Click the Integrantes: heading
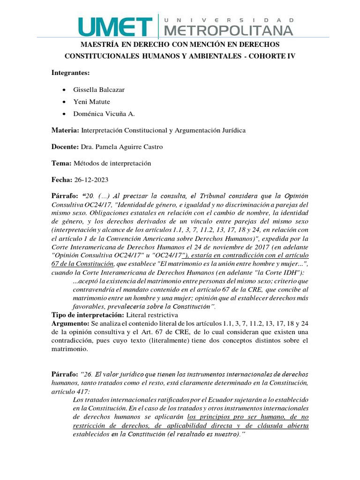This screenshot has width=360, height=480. tap(70, 73)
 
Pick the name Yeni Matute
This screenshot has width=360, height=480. tap(92, 101)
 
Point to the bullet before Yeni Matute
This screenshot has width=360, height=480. tap(64, 102)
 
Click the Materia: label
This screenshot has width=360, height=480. tap(66, 130)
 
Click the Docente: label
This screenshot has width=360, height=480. tap(65, 147)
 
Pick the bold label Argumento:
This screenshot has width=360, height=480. tap(70, 324)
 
